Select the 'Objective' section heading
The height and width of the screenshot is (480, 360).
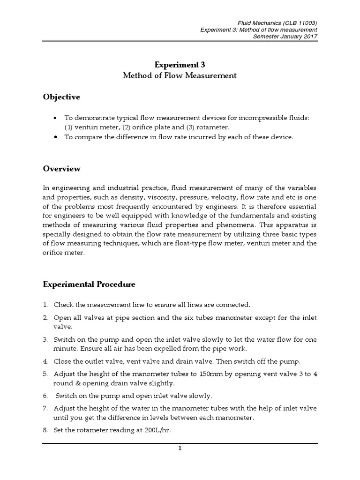tap(61, 97)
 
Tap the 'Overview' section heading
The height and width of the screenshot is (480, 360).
tap(62, 169)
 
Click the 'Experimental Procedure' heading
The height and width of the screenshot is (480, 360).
tap(89, 284)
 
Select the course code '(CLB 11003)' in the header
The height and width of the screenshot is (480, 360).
tap(300, 22)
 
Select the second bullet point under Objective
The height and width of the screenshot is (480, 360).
tap(56, 137)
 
